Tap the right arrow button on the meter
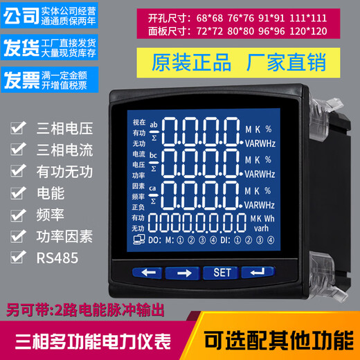[183, 272]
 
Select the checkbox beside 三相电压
[17, 129]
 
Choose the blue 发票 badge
[20, 78]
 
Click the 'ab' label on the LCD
[154, 125]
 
